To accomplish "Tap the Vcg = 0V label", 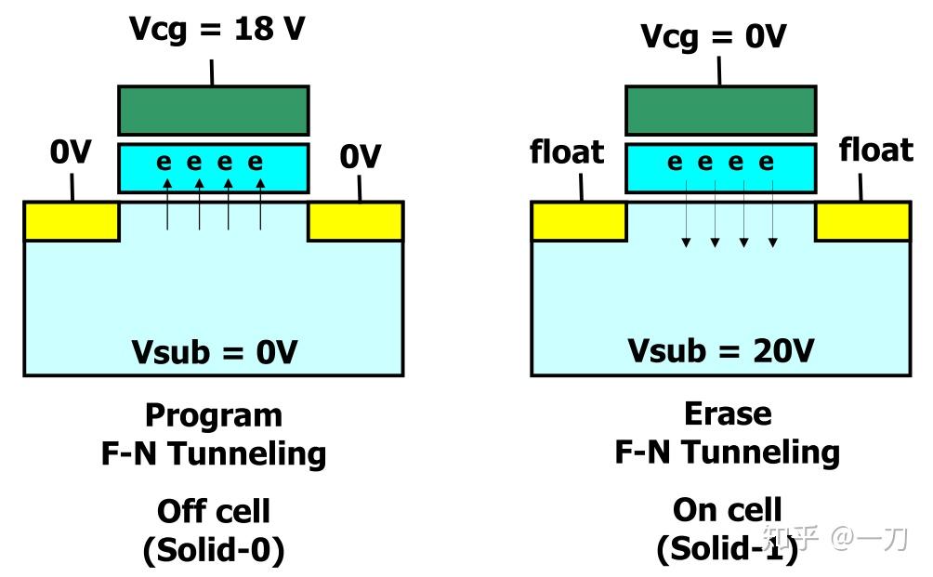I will coord(713,36).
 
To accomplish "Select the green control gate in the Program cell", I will coord(213,111).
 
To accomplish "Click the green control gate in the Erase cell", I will coord(720,111).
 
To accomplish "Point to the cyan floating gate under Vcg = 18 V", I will coord(213,167).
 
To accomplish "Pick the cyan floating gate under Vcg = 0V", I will coord(720,167).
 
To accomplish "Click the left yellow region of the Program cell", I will coord(72,221).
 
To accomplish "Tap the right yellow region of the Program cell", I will coord(355,221).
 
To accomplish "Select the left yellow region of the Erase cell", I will coord(578,221).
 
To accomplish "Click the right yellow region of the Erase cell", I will coord(862,221).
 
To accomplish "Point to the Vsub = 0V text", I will coord(214,352).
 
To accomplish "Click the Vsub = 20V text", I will coord(721,350).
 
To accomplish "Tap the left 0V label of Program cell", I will coord(71,152).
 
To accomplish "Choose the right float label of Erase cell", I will coord(875,150).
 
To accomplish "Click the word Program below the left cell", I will coord(214,414).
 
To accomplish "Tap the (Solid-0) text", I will coord(214,550).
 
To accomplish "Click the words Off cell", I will coord(214,511).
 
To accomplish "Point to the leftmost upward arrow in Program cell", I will coord(168,204).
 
